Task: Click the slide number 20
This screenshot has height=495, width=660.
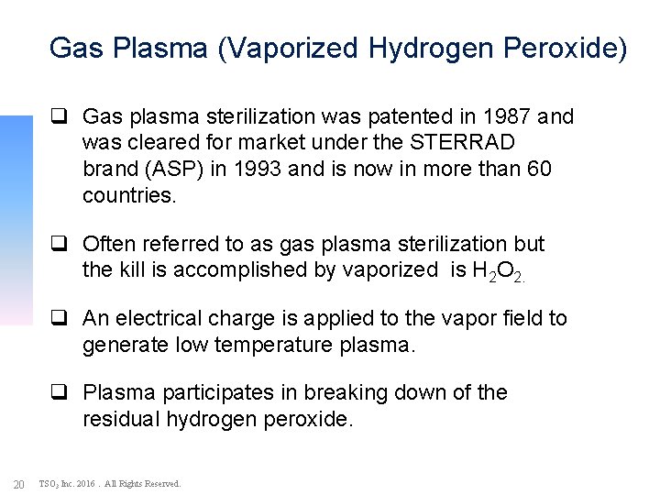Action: (17, 483)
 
